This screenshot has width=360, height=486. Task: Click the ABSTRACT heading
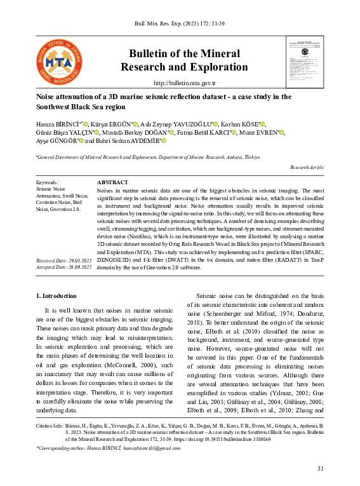(112, 182)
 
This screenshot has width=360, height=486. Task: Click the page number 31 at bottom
(319, 468)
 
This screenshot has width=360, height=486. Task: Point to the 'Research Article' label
(307, 166)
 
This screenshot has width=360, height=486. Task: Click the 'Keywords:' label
(48, 182)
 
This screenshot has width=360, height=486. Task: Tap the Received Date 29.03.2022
(64, 261)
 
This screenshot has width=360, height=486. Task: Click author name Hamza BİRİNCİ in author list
(58, 124)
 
